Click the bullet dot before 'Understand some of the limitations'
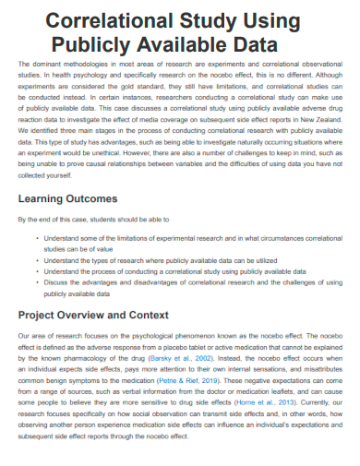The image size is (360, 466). coord(38,238)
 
